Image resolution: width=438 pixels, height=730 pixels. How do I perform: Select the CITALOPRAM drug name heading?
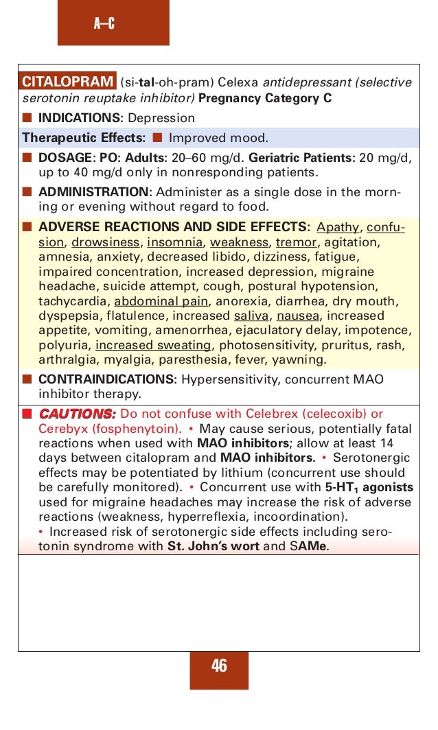67,82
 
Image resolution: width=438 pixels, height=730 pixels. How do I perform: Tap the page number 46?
219,665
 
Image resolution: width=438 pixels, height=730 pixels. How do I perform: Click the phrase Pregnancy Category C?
265,98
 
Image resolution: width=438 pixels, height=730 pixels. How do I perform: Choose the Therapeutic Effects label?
83,137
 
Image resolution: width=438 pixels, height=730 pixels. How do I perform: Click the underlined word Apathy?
338,227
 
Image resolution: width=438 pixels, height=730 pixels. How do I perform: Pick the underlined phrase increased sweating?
153,345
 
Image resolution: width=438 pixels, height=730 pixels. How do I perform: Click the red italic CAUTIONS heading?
77,414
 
